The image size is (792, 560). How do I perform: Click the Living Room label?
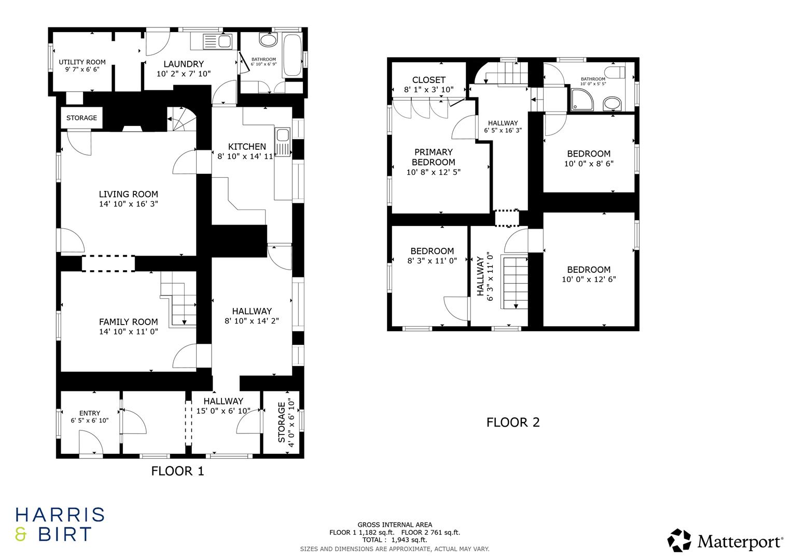tap(128, 194)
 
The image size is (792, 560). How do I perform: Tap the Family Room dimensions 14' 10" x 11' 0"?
tap(128, 331)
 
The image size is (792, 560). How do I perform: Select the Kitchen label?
tap(247, 147)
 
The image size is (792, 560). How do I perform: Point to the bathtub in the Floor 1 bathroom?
tap(292, 55)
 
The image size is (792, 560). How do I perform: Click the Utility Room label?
tap(82, 62)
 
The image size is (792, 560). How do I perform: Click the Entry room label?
tap(89, 413)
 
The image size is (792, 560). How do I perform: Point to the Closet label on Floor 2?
tap(428, 80)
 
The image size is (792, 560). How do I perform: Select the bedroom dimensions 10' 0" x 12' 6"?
tap(589, 279)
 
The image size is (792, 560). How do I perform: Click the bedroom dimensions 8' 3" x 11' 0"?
tap(432, 261)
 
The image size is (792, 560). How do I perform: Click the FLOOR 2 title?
tap(512, 422)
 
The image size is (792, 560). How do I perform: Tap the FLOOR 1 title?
tap(177, 471)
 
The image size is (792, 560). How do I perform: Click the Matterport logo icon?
tap(679, 540)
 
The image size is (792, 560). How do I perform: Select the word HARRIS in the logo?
tap(60, 515)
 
